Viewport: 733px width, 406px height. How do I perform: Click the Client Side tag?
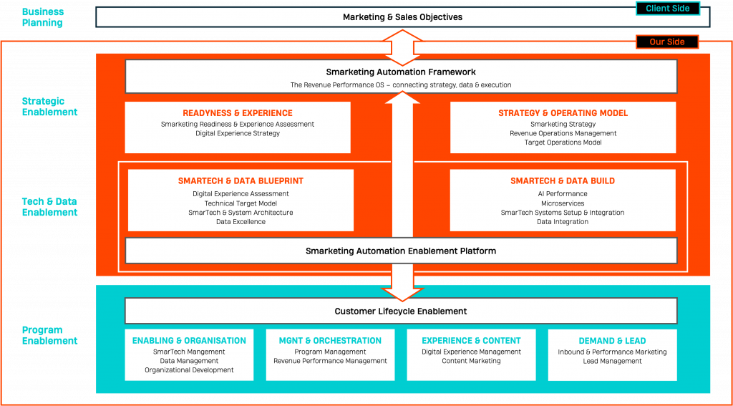667,8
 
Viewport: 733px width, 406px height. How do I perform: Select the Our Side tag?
667,42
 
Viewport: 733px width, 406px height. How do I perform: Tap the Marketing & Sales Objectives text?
402,17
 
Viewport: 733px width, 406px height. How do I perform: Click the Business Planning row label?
42,17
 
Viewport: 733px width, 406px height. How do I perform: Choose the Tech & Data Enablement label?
49,207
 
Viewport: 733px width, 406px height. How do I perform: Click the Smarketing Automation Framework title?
401,72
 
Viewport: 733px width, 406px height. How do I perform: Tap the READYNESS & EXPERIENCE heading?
238,113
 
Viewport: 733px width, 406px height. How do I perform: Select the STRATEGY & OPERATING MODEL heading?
563,113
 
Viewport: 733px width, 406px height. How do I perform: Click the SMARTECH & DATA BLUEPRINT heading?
241,181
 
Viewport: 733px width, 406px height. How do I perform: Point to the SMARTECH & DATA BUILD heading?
563,181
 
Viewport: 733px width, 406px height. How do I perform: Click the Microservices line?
563,203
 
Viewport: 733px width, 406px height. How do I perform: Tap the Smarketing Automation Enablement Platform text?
401,251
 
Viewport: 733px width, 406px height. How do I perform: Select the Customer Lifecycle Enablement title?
401,311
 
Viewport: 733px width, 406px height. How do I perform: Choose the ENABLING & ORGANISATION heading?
189,341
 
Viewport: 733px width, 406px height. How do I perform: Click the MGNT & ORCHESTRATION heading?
330,341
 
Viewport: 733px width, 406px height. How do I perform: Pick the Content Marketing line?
471,361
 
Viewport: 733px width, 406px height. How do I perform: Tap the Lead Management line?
612,361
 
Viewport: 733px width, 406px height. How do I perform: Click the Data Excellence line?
241,222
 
